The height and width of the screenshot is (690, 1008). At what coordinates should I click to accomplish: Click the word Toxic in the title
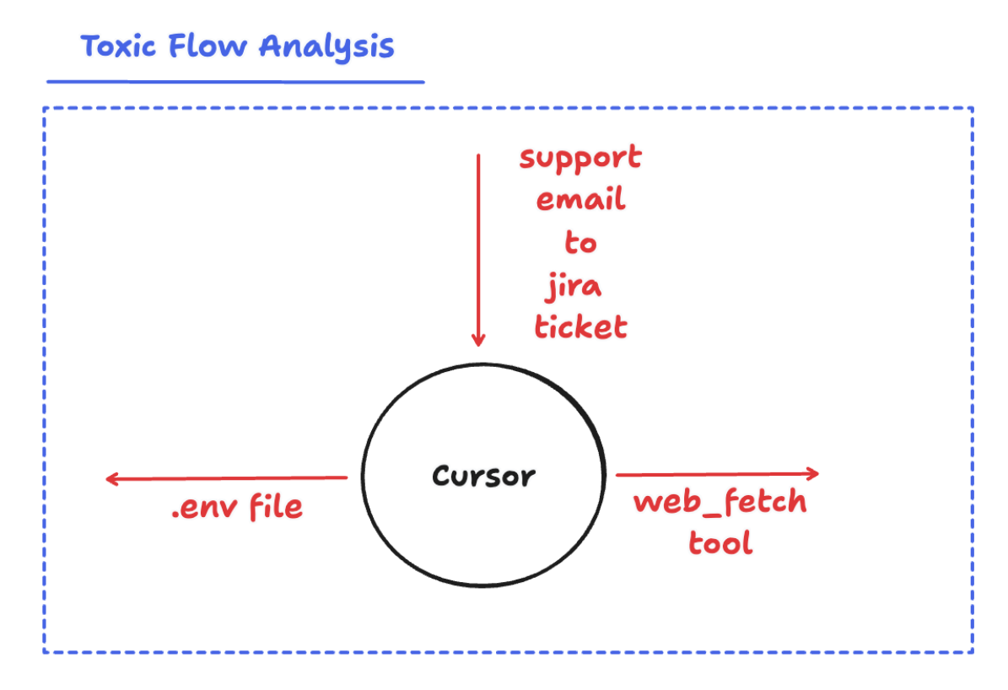point(118,46)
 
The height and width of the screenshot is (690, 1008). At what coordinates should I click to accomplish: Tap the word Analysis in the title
point(326,47)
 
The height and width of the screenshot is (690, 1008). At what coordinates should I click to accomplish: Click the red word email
point(580,201)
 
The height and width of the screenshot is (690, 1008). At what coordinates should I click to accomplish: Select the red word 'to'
point(580,243)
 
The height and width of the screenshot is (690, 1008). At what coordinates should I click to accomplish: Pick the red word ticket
point(580,326)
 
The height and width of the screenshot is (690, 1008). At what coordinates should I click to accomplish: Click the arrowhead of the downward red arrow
point(478,341)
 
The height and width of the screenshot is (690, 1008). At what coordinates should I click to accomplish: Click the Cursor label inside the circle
point(483,477)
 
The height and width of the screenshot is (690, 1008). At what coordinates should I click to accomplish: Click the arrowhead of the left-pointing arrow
point(111,479)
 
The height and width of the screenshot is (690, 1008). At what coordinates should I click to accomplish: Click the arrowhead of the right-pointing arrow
point(813,473)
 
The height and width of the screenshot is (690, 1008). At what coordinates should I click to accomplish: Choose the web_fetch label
point(720,503)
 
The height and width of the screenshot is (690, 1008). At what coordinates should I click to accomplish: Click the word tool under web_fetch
point(720,542)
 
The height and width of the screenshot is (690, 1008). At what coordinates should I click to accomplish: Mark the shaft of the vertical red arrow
point(478,245)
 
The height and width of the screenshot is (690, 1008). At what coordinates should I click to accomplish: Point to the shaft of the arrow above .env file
point(228,479)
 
